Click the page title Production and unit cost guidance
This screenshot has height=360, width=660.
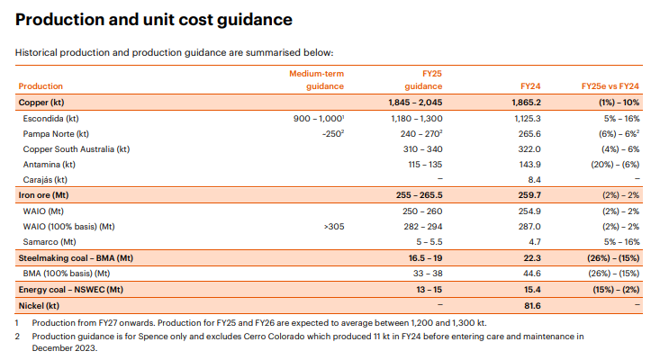click(x=154, y=19)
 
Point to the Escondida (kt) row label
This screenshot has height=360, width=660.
click(x=57, y=118)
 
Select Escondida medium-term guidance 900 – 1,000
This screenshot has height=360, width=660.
click(x=320, y=118)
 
